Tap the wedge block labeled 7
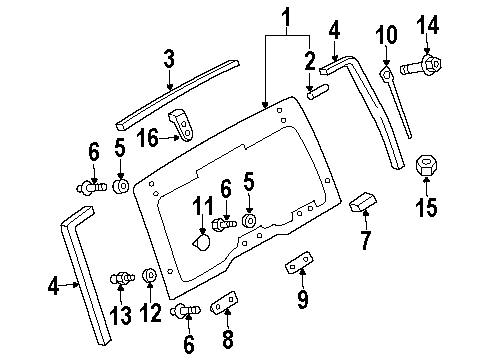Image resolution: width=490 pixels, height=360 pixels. pos(362,205)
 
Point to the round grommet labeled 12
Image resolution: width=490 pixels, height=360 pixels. pos(150,275)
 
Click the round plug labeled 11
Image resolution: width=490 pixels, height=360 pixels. pos(202,241)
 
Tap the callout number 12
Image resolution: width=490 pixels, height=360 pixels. pos(150,312)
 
